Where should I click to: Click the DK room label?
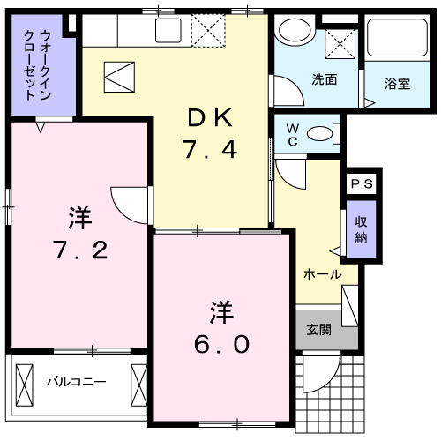click(x=210, y=117)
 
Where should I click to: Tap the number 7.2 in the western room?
click(x=80, y=250)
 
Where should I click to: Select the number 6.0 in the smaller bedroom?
click(x=221, y=344)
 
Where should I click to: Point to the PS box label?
click(x=362, y=184)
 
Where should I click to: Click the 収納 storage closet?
click(x=361, y=229)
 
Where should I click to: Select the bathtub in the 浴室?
click(x=397, y=38)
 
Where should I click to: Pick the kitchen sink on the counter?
click(x=168, y=31)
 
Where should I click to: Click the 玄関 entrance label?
click(x=319, y=330)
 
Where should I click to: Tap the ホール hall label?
click(x=323, y=274)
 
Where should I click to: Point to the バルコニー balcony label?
click(x=77, y=382)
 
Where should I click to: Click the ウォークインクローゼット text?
click(x=37, y=64)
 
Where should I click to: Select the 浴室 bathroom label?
click(x=397, y=84)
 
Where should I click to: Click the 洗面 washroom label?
click(x=325, y=79)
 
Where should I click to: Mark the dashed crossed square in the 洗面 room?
click(x=340, y=44)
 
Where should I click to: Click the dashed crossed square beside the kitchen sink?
click(x=208, y=31)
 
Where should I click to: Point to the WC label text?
click(x=293, y=135)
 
